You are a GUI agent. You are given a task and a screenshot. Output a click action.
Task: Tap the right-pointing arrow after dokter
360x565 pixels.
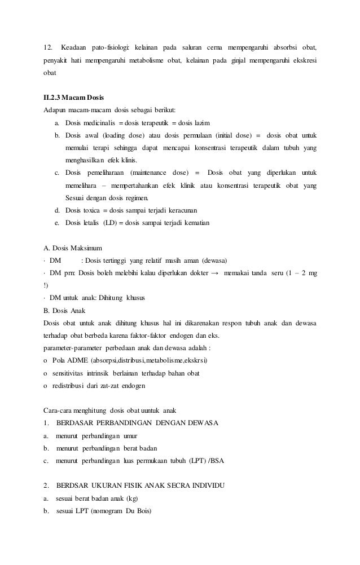point(215,273)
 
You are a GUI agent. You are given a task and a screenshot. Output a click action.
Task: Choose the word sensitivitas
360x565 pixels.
point(70,373)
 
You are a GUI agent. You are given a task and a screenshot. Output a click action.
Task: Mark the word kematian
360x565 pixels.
point(194,223)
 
